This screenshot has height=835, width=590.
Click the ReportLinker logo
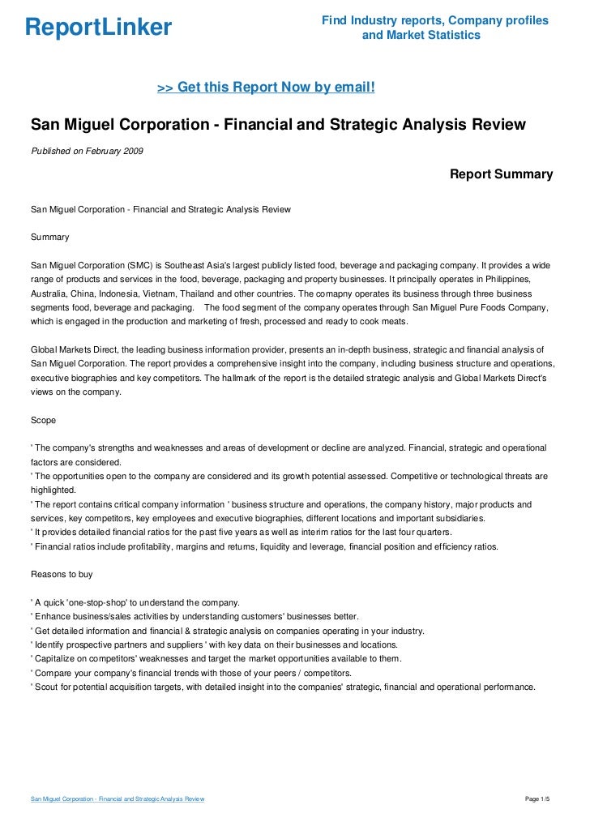tap(98, 28)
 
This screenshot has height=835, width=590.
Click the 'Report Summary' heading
tap(501, 174)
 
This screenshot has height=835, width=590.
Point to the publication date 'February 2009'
tap(117, 151)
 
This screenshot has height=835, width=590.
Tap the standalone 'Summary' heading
tap(49, 238)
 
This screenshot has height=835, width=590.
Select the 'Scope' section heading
tap(44, 421)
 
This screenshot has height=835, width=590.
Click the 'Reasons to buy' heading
tap(62, 574)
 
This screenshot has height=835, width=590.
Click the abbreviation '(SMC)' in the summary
tap(139, 265)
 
